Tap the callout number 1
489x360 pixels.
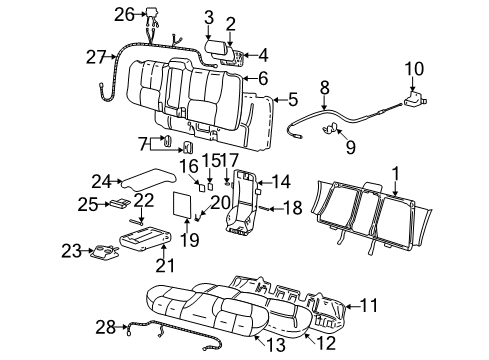(396, 172)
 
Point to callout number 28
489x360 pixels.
(105, 326)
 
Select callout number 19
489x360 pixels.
(190, 240)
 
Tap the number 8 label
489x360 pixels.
(324, 88)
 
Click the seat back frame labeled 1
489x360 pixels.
(370, 215)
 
